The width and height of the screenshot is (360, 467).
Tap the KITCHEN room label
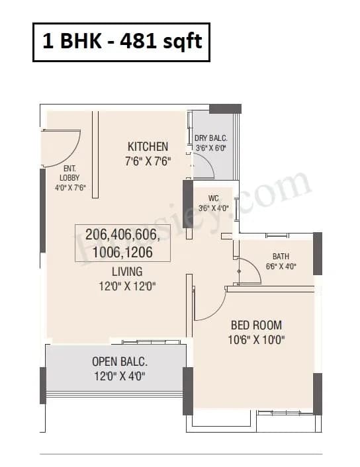tap(148, 146)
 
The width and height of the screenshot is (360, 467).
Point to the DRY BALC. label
tap(211, 138)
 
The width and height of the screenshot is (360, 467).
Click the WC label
tap(213, 197)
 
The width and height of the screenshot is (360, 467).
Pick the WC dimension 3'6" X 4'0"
tap(213, 207)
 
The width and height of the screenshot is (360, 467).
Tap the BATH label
tap(281, 257)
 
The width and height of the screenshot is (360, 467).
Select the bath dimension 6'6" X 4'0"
tap(281, 267)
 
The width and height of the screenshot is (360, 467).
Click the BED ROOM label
tap(256, 325)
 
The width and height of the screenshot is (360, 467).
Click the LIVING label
tap(126, 271)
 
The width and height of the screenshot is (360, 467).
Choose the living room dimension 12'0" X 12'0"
tap(126, 286)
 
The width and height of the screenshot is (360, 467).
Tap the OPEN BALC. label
tap(119, 362)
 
